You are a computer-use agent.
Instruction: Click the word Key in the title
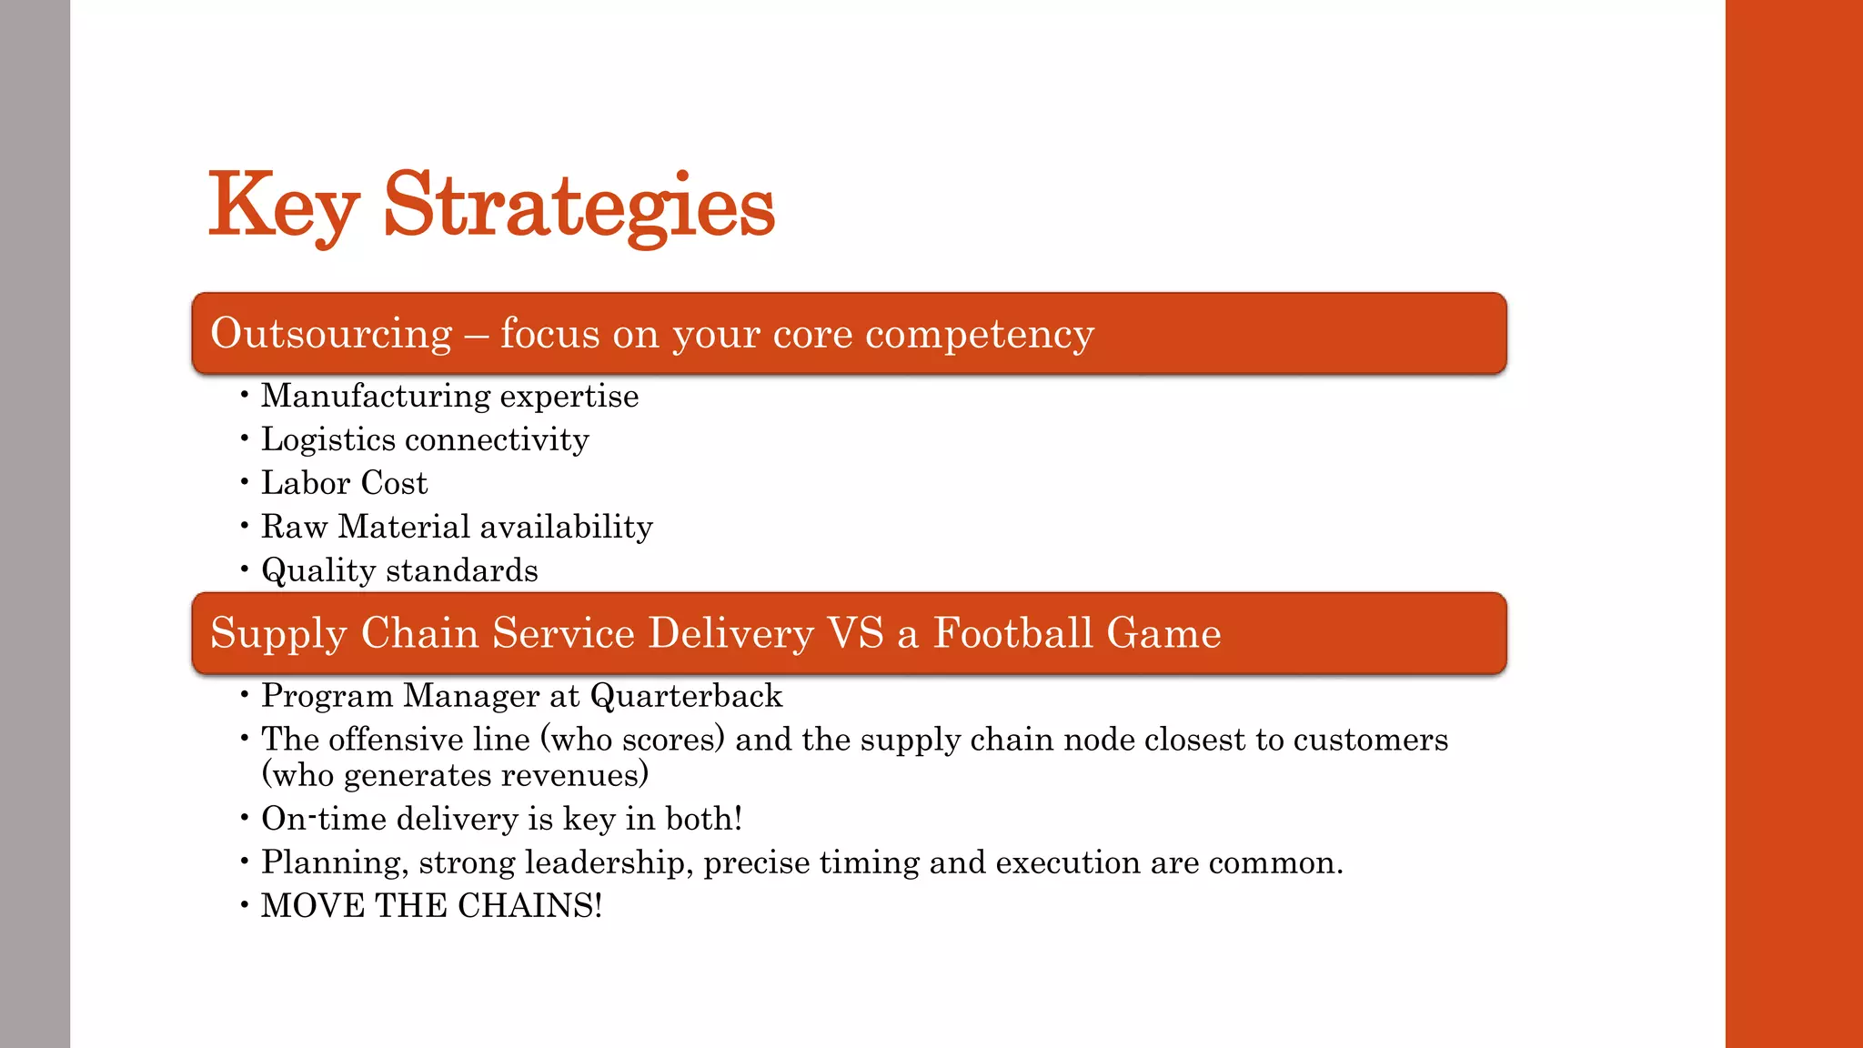[284, 206]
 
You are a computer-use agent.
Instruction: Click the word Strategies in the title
[579, 206]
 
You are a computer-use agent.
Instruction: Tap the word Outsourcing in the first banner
[331, 334]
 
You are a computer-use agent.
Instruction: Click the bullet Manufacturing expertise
[449, 397]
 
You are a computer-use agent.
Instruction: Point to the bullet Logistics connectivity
[425, 440]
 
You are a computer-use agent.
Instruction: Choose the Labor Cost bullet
[344, 483]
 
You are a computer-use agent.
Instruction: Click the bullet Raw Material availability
[457, 527]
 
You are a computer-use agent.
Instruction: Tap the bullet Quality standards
[399, 570]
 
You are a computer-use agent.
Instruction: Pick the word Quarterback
[686, 696]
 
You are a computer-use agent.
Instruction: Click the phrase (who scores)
[632, 740]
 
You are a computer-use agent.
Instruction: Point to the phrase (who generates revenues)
[455, 775]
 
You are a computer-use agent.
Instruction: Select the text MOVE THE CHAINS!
[431, 906]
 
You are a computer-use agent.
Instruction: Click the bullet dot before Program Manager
[245, 696]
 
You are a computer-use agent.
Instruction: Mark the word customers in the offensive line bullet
[1370, 740]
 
